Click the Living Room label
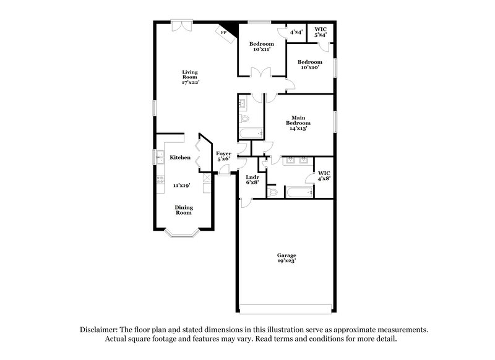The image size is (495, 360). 189,74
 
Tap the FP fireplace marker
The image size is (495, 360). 223,33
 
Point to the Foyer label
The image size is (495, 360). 223,153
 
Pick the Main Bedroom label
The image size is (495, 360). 298,121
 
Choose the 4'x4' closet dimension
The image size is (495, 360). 296,32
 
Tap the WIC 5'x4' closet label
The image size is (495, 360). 320,32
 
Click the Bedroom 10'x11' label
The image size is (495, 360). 261,46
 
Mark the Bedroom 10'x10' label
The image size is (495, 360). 309,64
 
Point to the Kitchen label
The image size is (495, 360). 180,158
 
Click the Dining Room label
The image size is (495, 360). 183,210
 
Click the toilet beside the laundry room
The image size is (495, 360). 273,192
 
